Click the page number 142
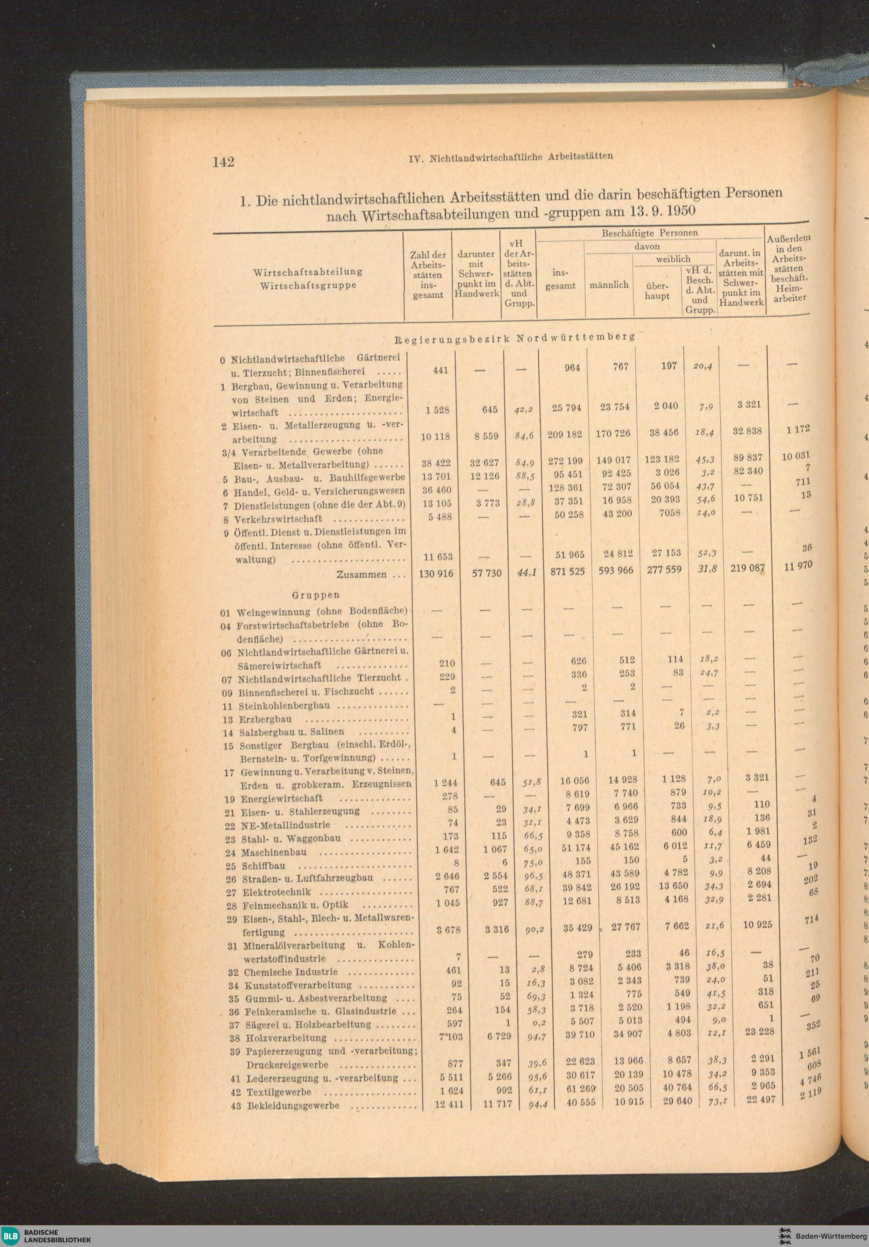(x=223, y=162)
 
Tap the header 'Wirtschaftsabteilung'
(x=308, y=272)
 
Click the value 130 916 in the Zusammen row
(x=436, y=573)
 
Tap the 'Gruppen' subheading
(x=315, y=595)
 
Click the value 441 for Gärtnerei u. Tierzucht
(x=440, y=370)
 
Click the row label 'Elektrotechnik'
(x=276, y=892)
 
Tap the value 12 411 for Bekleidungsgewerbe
(x=449, y=1104)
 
